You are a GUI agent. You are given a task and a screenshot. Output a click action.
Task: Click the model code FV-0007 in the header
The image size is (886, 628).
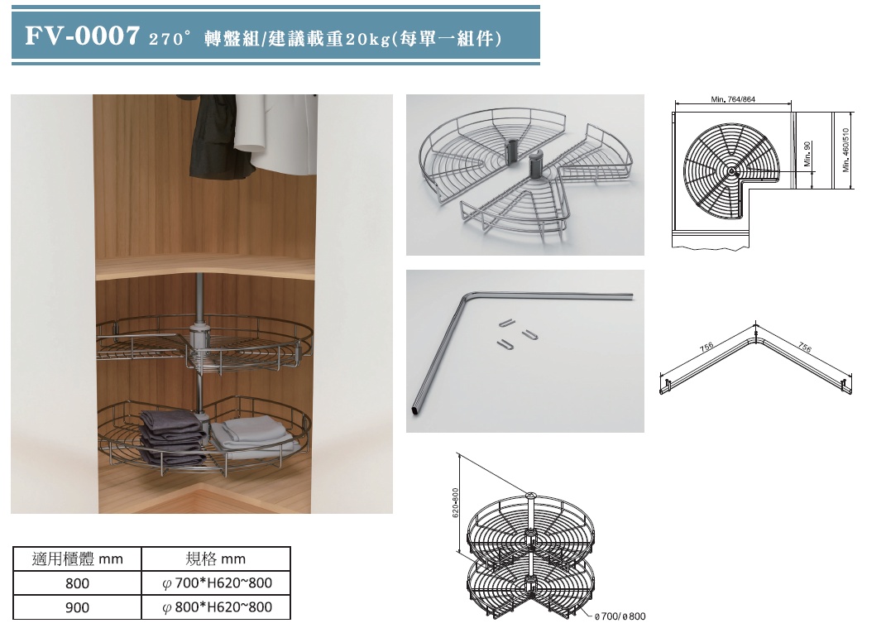[82, 36]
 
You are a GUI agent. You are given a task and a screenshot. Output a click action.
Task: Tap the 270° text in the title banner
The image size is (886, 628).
[169, 39]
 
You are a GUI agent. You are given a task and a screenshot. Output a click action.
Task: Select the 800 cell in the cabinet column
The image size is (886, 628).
[77, 583]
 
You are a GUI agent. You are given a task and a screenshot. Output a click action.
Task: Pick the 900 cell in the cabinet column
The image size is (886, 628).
[77, 607]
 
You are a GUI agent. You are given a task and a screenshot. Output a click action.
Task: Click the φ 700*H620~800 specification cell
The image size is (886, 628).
[217, 582]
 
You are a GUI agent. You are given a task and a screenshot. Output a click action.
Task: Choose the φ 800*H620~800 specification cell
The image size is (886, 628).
[217, 607]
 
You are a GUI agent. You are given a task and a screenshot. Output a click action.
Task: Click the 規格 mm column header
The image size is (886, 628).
[215, 559]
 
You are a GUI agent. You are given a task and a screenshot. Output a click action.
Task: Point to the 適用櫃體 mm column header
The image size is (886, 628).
[78, 559]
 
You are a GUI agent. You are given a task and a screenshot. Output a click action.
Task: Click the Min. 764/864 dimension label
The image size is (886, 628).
[733, 99]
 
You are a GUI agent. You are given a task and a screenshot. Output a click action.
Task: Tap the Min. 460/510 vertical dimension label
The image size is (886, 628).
[846, 150]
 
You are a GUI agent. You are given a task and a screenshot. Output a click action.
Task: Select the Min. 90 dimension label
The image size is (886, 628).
[807, 153]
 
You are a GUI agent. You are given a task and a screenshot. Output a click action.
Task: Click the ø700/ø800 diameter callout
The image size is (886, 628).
[620, 616]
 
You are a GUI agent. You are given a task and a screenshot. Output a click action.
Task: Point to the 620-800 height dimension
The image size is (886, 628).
[456, 502]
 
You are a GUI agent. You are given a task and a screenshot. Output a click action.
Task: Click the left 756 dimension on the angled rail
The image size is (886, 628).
[706, 347]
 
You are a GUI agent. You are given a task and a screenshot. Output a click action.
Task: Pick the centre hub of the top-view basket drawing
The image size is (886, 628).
[732, 170]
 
